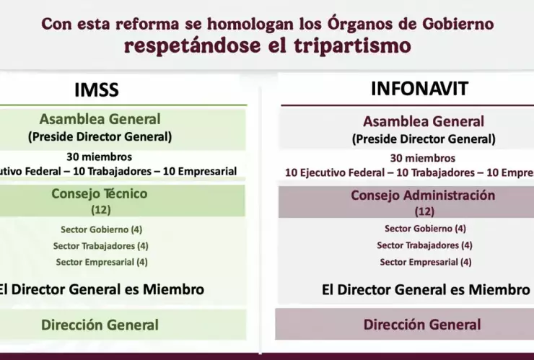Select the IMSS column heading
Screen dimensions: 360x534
(x=96, y=90)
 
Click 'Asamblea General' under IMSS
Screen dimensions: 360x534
(x=100, y=119)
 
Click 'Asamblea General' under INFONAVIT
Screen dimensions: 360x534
(x=424, y=122)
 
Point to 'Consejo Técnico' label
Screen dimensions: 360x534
(x=100, y=193)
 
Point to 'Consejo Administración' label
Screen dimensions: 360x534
(x=423, y=196)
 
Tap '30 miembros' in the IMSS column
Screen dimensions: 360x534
(x=99, y=156)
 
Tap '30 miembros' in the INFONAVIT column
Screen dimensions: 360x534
(x=423, y=158)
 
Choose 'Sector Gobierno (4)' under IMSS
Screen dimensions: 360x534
(x=102, y=229)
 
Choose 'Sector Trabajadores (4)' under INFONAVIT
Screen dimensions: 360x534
(x=424, y=245)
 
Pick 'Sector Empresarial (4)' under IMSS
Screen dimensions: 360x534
(x=102, y=262)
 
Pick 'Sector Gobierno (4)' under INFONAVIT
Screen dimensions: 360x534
(x=425, y=229)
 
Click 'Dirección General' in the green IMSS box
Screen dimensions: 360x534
(x=100, y=325)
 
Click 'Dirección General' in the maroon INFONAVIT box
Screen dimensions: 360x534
(x=422, y=325)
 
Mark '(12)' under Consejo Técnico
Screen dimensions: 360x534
(x=100, y=210)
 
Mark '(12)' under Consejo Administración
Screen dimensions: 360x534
(x=424, y=212)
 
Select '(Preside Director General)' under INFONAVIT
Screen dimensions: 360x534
(x=424, y=139)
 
